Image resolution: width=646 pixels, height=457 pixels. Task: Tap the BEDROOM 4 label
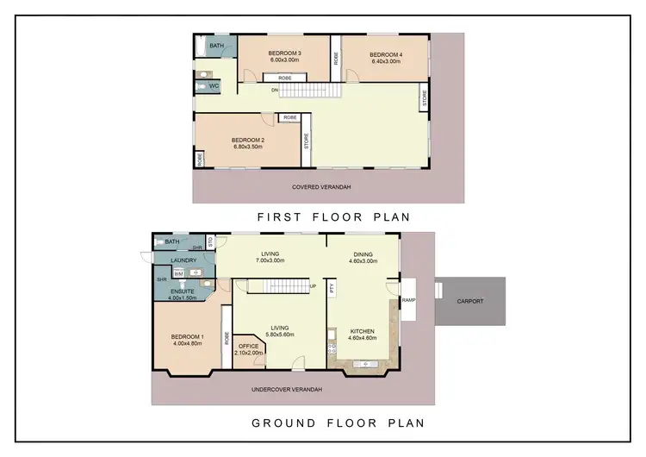[x=385, y=54]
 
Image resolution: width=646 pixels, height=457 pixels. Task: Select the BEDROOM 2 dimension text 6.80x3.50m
[x=248, y=147]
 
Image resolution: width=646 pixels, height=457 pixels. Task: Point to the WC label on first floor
[x=214, y=87]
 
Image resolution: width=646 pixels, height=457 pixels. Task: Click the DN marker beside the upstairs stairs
[x=275, y=90]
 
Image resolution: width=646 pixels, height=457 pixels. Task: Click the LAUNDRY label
[x=183, y=260]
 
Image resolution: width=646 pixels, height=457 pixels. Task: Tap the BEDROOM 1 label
[x=187, y=336]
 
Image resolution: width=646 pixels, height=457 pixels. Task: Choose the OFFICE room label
[x=249, y=347]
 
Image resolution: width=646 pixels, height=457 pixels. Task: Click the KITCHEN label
[x=363, y=331]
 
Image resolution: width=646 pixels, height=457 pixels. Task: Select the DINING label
[x=363, y=254]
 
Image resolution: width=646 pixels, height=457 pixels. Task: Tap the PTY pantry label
[x=332, y=289]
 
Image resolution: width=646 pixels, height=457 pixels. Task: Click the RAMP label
[x=409, y=300]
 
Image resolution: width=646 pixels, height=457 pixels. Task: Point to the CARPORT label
[x=469, y=302]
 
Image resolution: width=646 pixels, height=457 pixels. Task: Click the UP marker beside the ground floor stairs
[x=312, y=286]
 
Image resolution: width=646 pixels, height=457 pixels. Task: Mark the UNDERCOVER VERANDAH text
[x=287, y=390]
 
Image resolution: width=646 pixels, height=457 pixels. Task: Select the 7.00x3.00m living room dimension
[x=270, y=261]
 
